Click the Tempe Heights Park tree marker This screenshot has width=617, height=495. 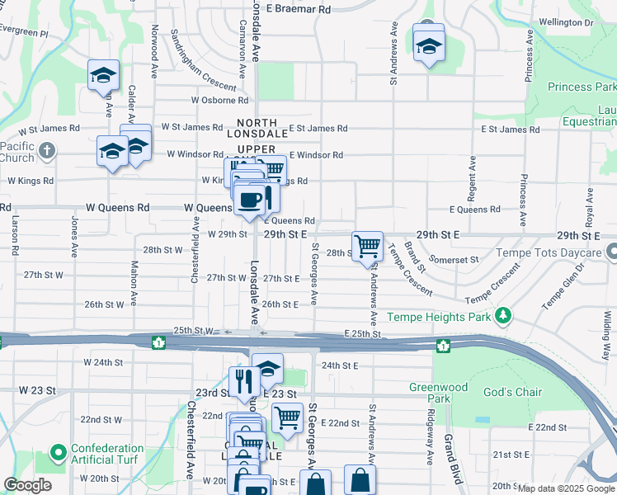point(502,316)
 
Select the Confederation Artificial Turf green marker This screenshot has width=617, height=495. point(58,453)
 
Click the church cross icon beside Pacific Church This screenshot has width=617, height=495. point(47,151)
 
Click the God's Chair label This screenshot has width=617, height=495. point(512,392)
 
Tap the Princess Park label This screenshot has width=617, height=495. point(582,87)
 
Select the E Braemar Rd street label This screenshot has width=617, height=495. point(295,8)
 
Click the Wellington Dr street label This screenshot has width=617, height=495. point(566,22)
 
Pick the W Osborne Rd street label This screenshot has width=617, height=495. point(219,100)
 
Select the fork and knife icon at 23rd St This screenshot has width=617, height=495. point(243,380)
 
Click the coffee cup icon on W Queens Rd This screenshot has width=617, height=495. point(249,199)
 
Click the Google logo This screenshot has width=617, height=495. point(27,485)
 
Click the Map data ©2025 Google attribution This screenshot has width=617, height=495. point(566,488)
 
